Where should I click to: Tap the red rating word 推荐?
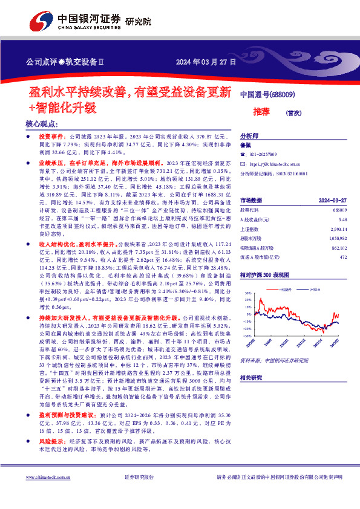(261, 111)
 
